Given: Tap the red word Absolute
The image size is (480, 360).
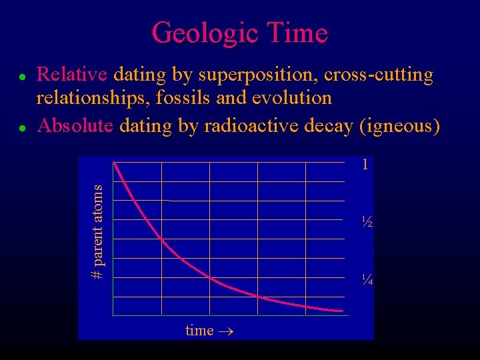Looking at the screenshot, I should click(75, 125).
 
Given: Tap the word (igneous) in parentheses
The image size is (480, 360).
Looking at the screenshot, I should click(399, 125).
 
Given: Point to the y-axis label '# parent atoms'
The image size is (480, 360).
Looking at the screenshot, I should click(97, 231).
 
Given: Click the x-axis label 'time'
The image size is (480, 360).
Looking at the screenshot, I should click(199, 330).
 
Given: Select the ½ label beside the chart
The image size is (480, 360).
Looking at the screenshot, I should click(366, 221).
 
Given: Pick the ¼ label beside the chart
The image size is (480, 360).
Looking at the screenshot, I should click(366, 279).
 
